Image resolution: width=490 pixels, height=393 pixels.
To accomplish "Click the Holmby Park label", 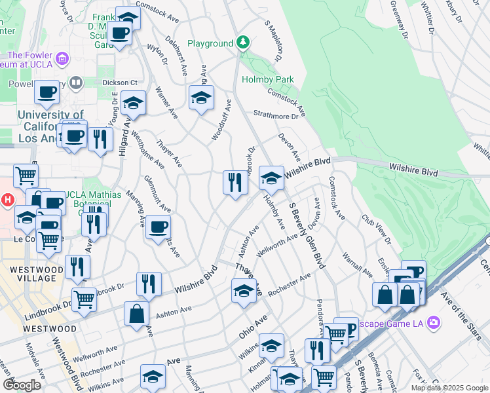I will tap(268, 79).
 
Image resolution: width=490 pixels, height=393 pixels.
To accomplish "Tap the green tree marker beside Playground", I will tap(243, 43).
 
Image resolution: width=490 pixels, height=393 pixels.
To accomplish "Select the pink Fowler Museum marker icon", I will tap(63, 60).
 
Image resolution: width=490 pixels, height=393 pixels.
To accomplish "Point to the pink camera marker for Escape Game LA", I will tap(432, 322).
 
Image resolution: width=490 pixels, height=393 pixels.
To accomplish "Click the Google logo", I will tap(22, 385).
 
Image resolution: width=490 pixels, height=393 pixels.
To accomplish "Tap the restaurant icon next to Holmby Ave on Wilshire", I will tap(236, 181).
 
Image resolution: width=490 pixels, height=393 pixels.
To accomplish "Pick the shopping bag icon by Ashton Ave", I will tap(136, 313).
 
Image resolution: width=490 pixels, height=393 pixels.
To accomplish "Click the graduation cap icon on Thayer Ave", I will tap(244, 290).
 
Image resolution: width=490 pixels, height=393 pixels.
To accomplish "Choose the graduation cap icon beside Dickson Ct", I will tap(133, 103).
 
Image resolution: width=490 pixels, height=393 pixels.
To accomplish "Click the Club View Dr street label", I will tap(376, 229).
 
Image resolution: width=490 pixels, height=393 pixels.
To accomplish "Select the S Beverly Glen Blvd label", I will tap(305, 236).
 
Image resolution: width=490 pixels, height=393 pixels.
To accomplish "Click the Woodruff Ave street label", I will tap(221, 120).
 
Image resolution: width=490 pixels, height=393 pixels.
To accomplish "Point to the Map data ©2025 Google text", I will tap(449, 388).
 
